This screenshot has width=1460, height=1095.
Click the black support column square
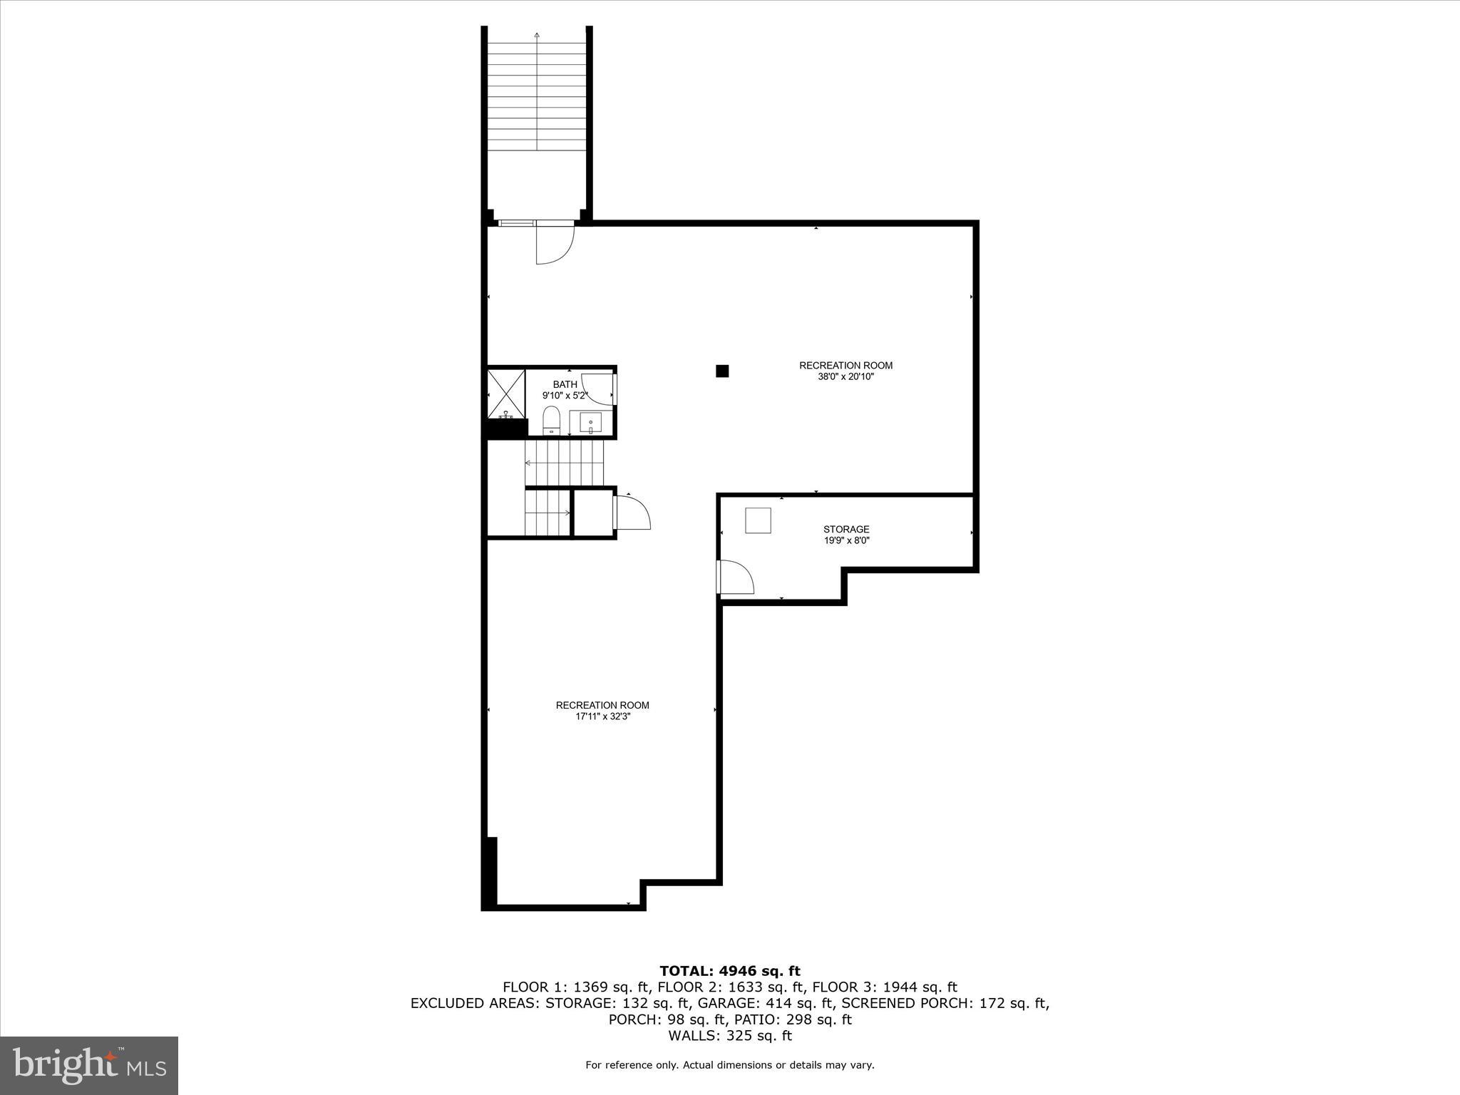pyautogui.click(x=722, y=371)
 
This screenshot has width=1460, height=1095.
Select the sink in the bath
pyautogui.click(x=590, y=423)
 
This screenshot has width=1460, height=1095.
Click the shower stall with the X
pyautogui.click(x=506, y=393)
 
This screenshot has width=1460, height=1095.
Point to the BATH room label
pyautogui.click(x=565, y=384)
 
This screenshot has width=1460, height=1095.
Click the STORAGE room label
pyautogui.click(x=846, y=529)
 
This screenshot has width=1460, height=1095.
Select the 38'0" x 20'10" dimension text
pyautogui.click(x=845, y=376)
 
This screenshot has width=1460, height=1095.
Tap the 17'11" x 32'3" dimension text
pyautogui.click(x=602, y=716)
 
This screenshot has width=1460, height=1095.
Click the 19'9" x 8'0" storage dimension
pyautogui.click(x=846, y=540)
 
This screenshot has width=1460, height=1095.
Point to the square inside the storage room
pyautogui.click(x=758, y=520)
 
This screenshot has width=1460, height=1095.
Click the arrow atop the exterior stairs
pyautogui.click(x=537, y=34)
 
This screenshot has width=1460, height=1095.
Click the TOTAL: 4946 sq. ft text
pyautogui.click(x=729, y=971)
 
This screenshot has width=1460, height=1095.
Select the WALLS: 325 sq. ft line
pyautogui.click(x=729, y=1036)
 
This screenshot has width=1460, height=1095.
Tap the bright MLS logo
pyautogui.click(x=89, y=1065)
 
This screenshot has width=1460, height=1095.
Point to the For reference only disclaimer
pyautogui.click(x=729, y=1065)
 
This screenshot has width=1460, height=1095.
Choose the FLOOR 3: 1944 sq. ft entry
pyautogui.click(x=884, y=987)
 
